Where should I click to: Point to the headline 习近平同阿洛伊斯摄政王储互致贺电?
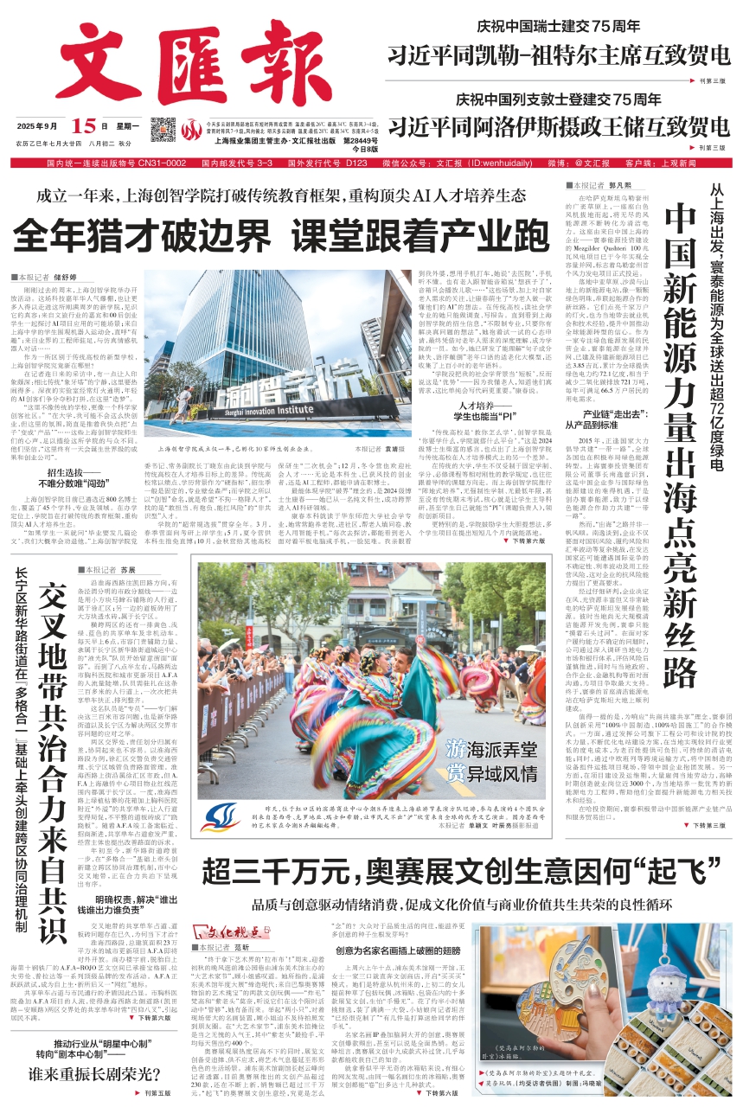(x=558, y=126)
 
